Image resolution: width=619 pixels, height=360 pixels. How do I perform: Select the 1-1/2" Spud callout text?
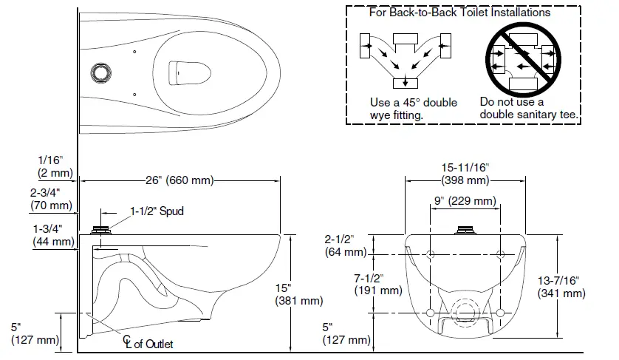click(x=157, y=211)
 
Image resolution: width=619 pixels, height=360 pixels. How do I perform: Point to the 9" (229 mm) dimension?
click(x=465, y=201)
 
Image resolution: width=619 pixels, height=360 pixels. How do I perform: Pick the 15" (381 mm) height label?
click(x=298, y=293)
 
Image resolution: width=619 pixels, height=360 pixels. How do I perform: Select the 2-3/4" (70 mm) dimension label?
click(x=51, y=199)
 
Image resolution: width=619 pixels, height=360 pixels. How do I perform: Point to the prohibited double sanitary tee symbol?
click(x=521, y=60)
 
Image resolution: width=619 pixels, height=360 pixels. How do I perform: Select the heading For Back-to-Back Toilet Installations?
click(x=459, y=13)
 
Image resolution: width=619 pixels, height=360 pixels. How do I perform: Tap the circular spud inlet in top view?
click(x=100, y=72)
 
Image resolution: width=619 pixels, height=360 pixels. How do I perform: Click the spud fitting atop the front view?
click(x=465, y=230)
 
